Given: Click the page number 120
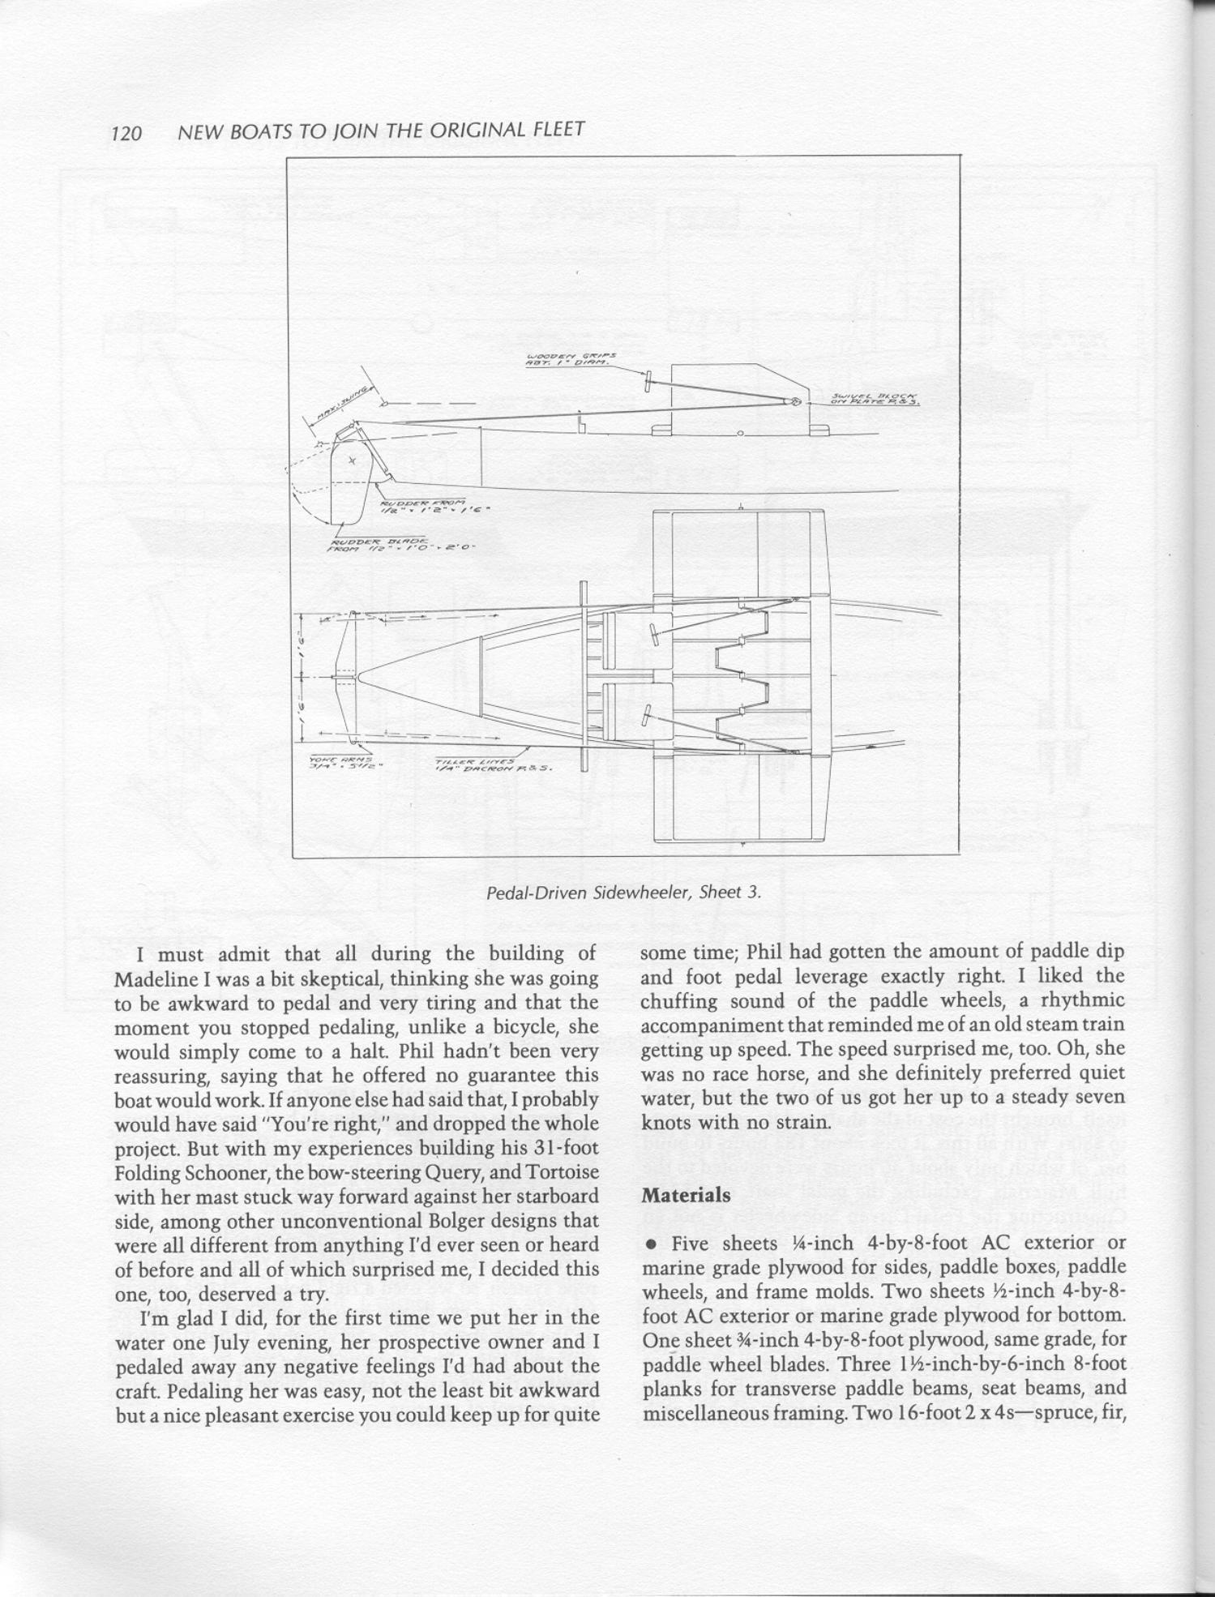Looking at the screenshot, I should [126, 133].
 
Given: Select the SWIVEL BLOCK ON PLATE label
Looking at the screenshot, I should [874, 398].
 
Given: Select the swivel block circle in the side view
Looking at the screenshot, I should [794, 401].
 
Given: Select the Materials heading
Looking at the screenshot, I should [685, 1194].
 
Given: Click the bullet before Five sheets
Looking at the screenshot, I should [650, 1243].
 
